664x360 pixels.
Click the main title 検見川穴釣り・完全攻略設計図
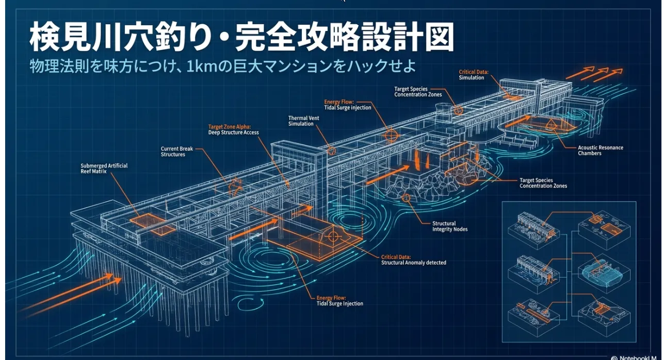pos(241,37)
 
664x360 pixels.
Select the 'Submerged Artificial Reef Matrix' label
pos(104,168)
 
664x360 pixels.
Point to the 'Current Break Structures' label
pos(176,152)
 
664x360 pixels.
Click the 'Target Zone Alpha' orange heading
pos(230,127)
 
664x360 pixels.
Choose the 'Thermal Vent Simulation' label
pos(303,121)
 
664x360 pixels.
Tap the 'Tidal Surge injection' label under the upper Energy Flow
pos(347,108)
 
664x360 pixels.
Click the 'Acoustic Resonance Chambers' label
pos(600,150)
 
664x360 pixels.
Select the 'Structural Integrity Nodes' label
pos(450,226)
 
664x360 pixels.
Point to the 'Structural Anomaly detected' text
pos(414,263)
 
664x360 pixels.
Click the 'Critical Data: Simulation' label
pos(474,75)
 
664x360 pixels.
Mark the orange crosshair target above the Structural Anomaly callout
pos(333,236)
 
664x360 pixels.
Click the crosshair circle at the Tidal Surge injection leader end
pos(391,136)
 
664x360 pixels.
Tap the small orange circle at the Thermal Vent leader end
pos(331,151)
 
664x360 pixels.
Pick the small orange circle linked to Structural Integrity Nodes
pos(406,198)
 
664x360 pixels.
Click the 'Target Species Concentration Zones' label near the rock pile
pos(543,183)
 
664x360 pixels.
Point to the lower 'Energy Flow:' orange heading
pos(331,298)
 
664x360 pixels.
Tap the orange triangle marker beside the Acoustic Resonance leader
pos(551,124)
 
